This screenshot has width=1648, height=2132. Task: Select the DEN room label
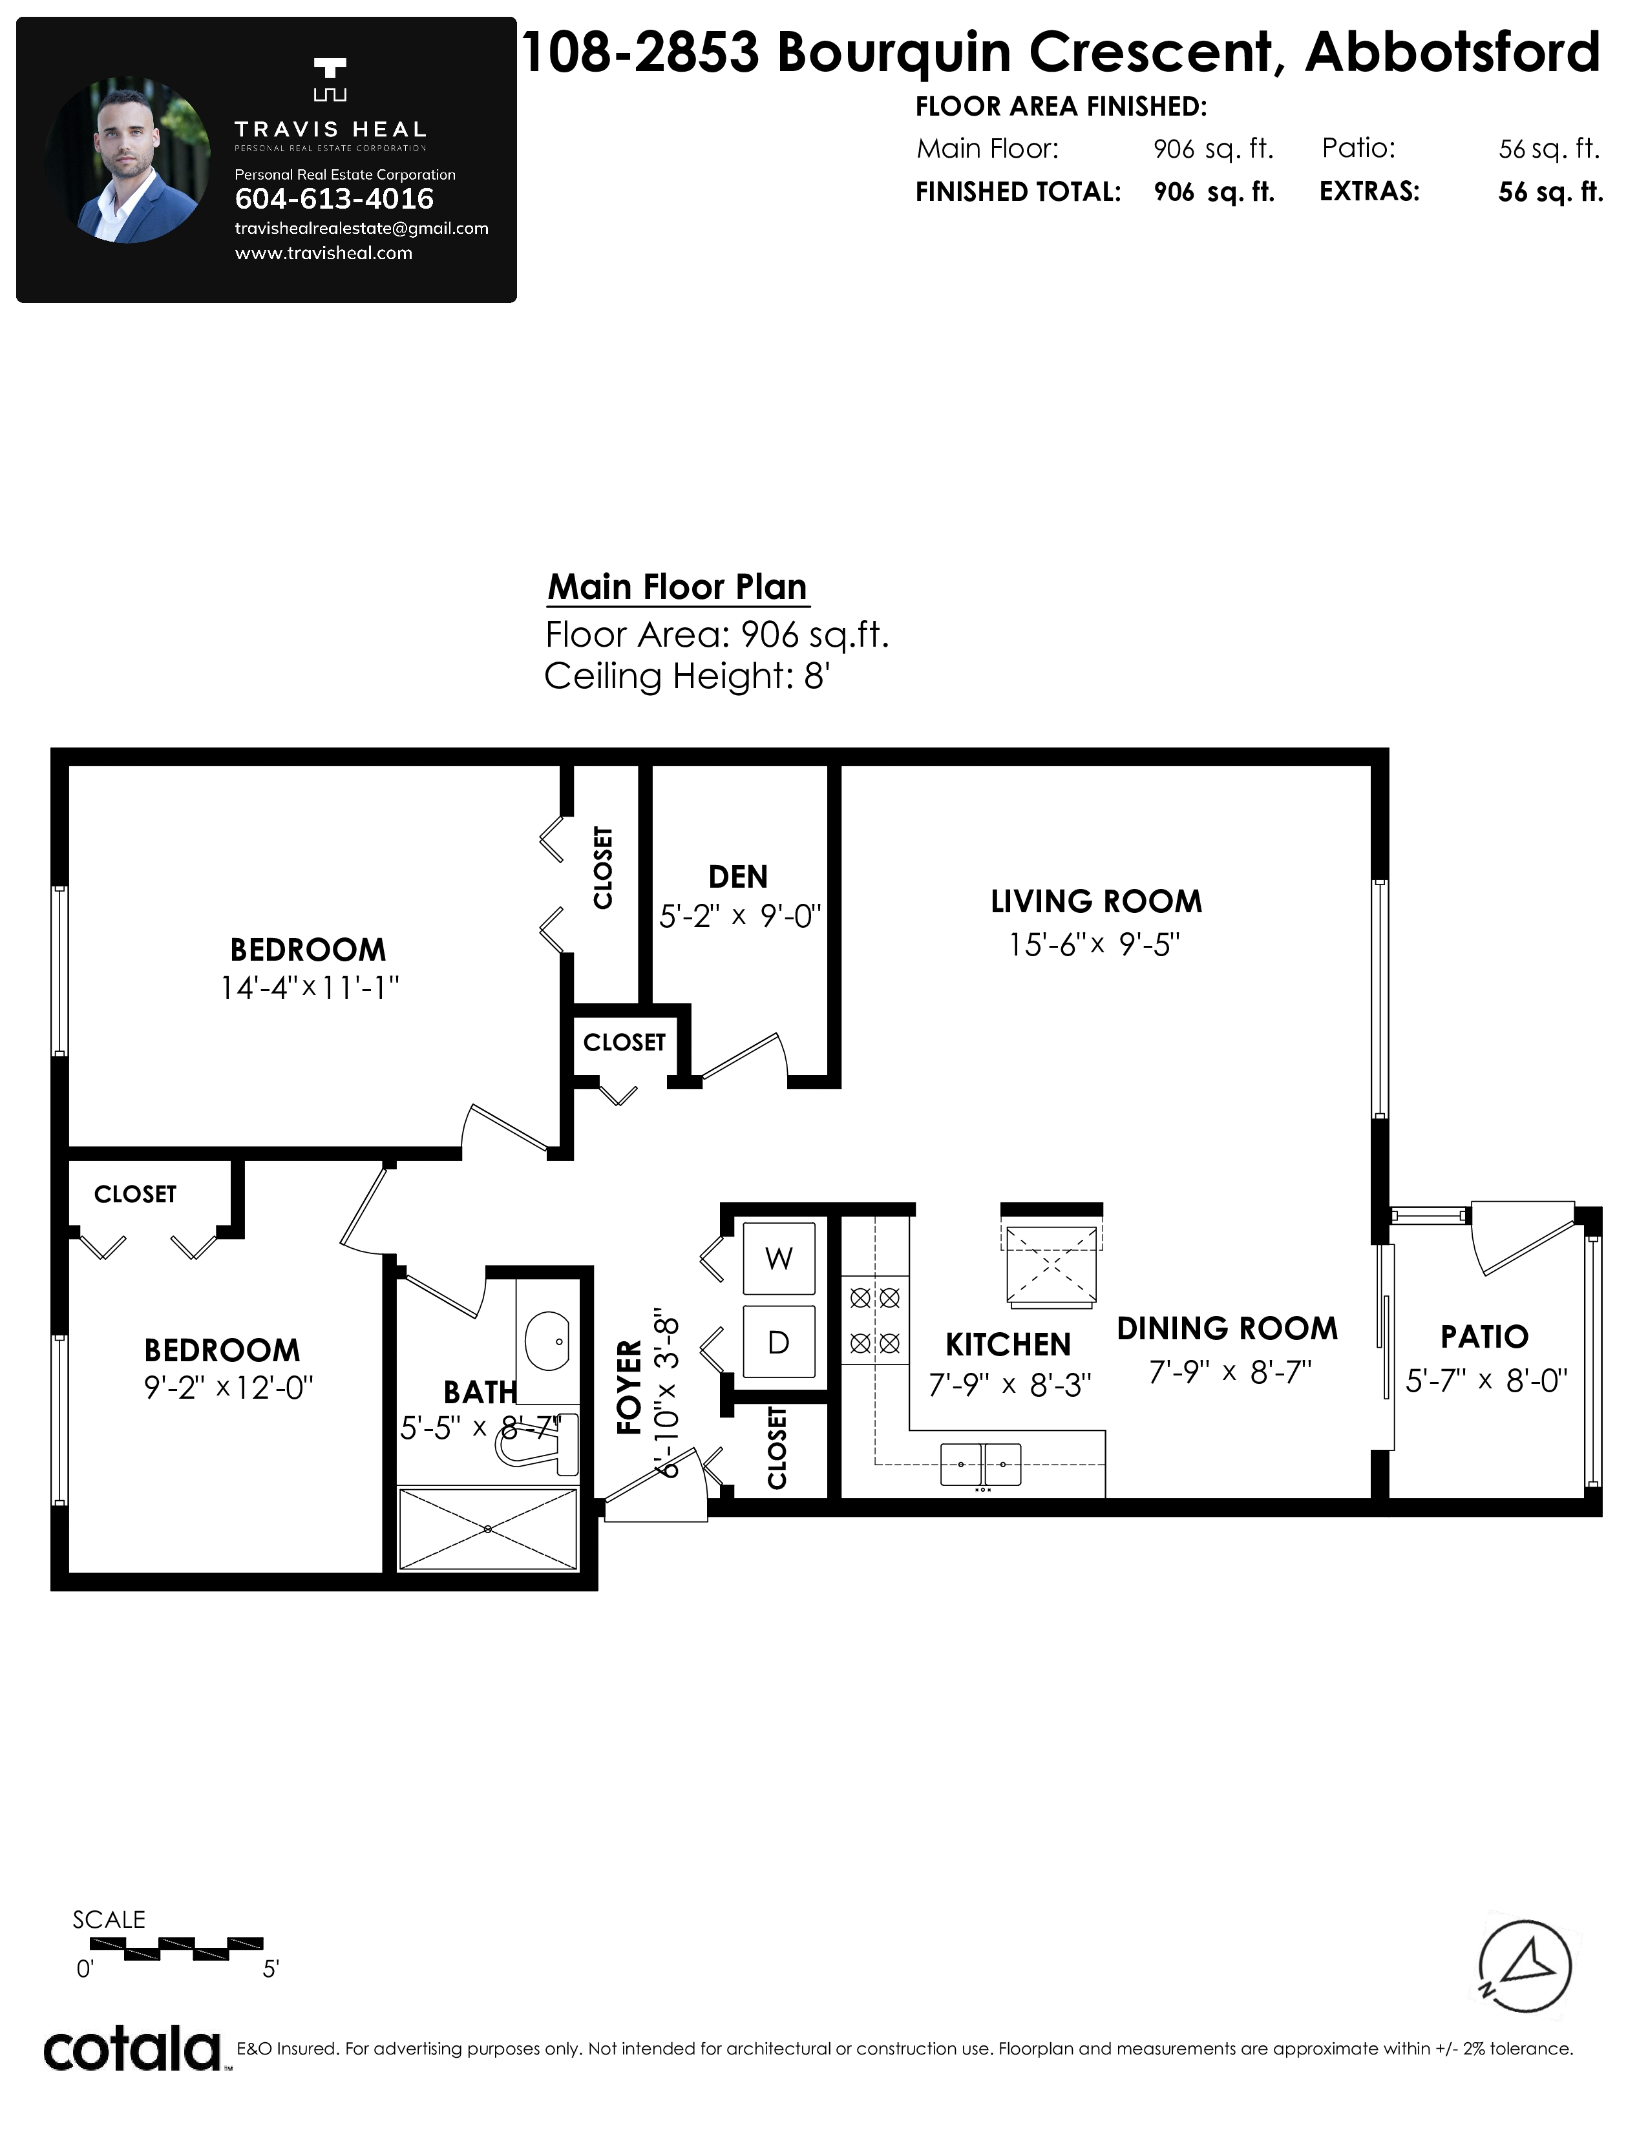738,877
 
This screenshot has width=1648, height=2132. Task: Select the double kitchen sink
981,1464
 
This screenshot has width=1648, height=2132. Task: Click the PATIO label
1484,1337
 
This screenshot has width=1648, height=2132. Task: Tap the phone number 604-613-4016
335,199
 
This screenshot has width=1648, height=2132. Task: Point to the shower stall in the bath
488,1530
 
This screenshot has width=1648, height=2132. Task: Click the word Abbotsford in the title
1453,53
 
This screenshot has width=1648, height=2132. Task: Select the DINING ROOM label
1227,1328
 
